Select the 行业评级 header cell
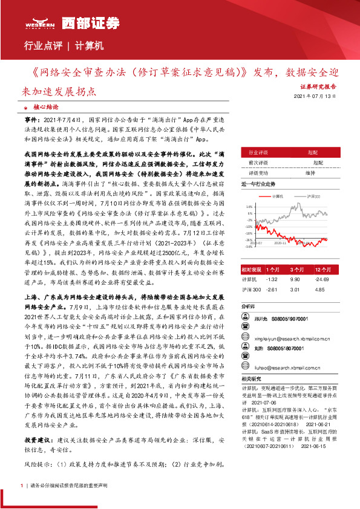point(258,153)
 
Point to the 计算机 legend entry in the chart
point(278,196)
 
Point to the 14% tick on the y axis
point(249,206)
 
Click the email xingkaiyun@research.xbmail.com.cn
point(280,340)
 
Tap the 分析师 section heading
point(248,306)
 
